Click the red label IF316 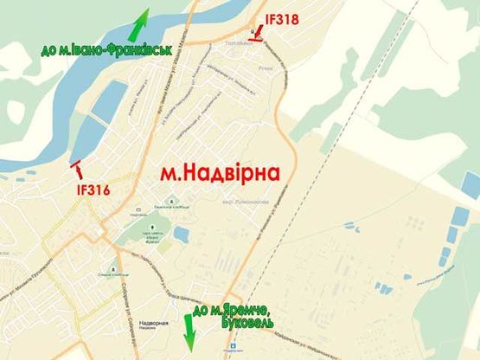(93, 190)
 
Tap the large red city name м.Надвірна (221, 173)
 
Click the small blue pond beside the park (180, 235)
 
